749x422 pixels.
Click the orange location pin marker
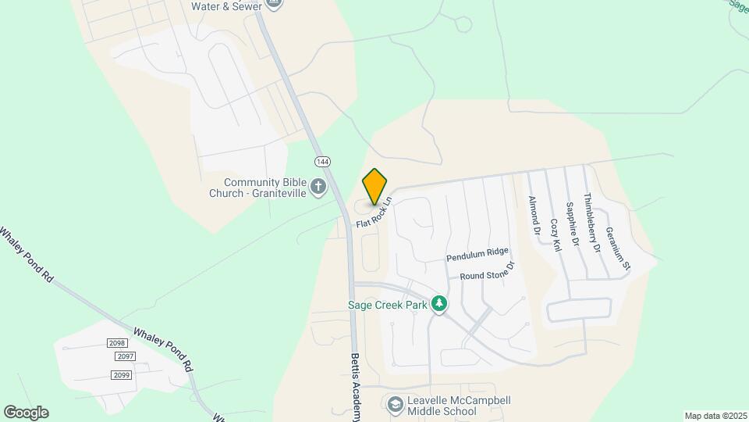pyautogui.click(x=375, y=187)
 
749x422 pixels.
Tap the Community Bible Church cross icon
pyautogui.click(x=318, y=187)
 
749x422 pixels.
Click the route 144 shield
pyautogui.click(x=321, y=161)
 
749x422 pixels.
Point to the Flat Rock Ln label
pyautogui.click(x=374, y=213)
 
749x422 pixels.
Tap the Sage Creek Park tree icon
pyautogui.click(x=439, y=304)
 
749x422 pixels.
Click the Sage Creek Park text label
pyautogui.click(x=388, y=305)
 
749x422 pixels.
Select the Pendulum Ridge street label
pyautogui.click(x=477, y=255)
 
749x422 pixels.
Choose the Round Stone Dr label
pyautogui.click(x=488, y=271)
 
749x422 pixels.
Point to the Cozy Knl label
pyautogui.click(x=556, y=234)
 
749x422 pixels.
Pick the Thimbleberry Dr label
pyautogui.click(x=592, y=223)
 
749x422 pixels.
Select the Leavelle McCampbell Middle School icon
pyautogui.click(x=395, y=404)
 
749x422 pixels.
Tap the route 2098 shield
pyautogui.click(x=117, y=344)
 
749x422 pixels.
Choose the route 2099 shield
pyautogui.click(x=122, y=375)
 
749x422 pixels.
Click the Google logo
pyautogui.click(x=26, y=413)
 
